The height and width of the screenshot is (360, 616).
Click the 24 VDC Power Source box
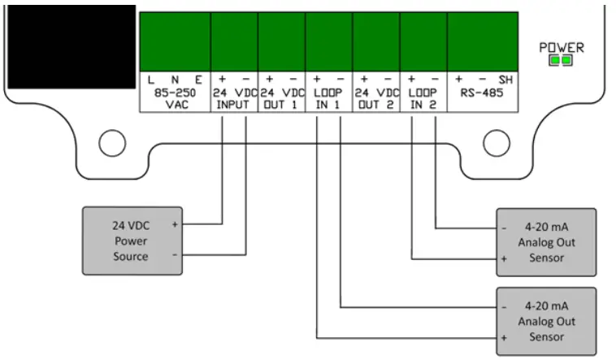click(x=130, y=240)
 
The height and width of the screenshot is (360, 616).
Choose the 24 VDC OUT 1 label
click(x=281, y=99)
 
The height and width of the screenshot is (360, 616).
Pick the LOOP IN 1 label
click(x=329, y=99)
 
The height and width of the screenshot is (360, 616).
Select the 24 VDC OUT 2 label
click(x=376, y=99)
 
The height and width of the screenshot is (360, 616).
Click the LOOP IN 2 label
click(x=423, y=99)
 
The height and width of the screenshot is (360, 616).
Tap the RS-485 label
click(x=479, y=94)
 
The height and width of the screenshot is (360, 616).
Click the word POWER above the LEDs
click(x=562, y=48)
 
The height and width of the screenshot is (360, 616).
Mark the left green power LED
click(x=556, y=61)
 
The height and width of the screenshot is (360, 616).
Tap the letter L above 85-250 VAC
click(x=151, y=80)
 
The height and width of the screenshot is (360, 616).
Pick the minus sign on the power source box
click(x=175, y=254)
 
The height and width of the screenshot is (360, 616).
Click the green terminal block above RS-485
click(x=483, y=41)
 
